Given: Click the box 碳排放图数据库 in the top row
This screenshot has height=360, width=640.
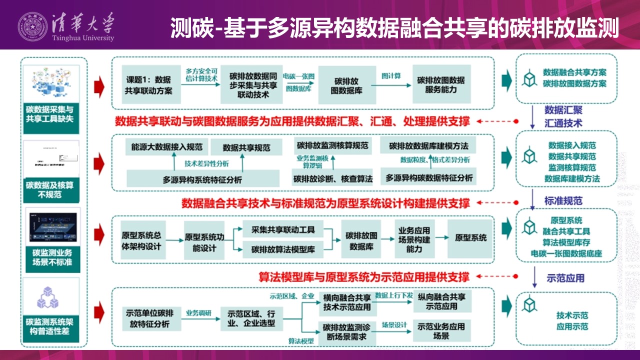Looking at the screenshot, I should [345, 85].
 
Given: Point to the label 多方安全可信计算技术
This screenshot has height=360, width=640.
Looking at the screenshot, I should [201, 75].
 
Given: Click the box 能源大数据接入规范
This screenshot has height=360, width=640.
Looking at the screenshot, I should [166, 147].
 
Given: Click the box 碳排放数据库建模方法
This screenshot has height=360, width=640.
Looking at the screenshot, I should [428, 146].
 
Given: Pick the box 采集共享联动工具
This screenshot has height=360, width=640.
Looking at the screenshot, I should [283, 229].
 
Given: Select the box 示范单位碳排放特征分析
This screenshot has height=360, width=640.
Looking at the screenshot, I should [149, 318].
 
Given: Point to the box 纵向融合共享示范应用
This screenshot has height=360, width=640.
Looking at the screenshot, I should [442, 301].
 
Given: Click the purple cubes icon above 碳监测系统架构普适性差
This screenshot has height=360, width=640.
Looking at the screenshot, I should [51, 297].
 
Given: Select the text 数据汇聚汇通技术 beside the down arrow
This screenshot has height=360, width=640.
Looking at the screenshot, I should [563, 116].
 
